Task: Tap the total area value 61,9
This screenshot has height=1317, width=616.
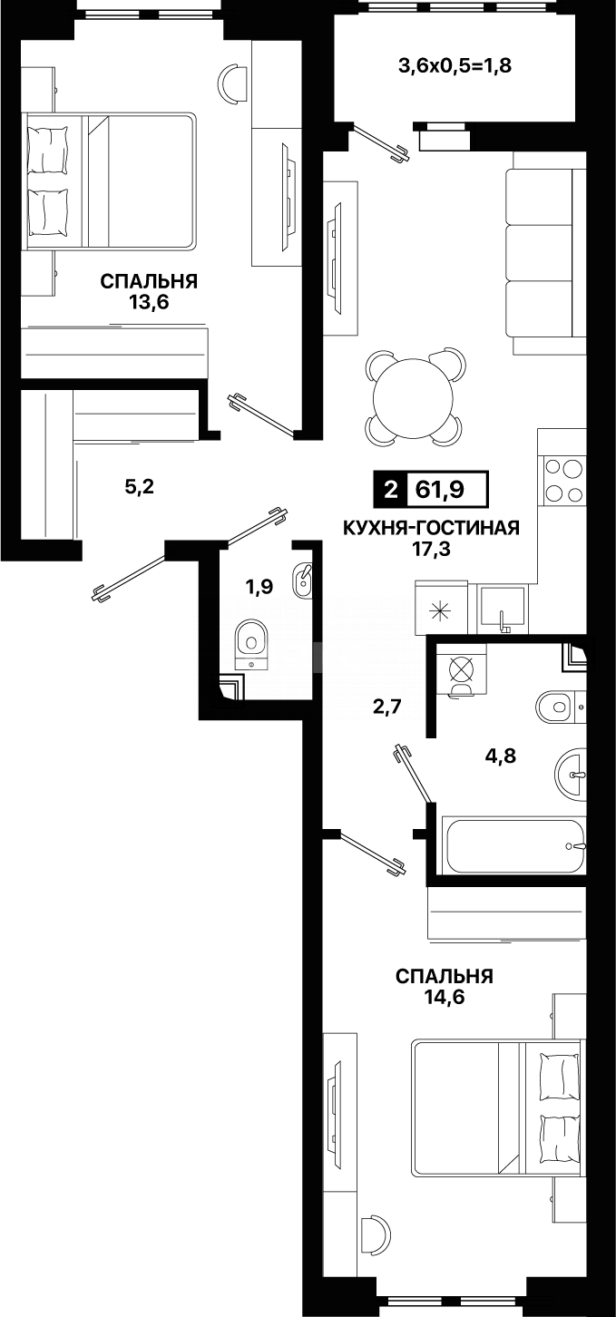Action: pyautogui.click(x=440, y=490)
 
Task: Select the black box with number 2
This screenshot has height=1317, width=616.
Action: pyautogui.click(x=390, y=490)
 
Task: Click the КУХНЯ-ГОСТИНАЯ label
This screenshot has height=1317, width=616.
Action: pyautogui.click(x=430, y=528)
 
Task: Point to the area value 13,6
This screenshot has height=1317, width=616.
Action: pyautogui.click(x=149, y=302)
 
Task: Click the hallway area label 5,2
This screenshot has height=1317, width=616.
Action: pyautogui.click(x=140, y=487)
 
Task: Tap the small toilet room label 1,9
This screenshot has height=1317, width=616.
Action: pyautogui.click(x=259, y=587)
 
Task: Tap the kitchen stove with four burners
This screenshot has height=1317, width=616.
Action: pyautogui.click(x=562, y=481)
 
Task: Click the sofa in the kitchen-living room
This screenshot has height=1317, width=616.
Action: pyautogui.click(x=542, y=254)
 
